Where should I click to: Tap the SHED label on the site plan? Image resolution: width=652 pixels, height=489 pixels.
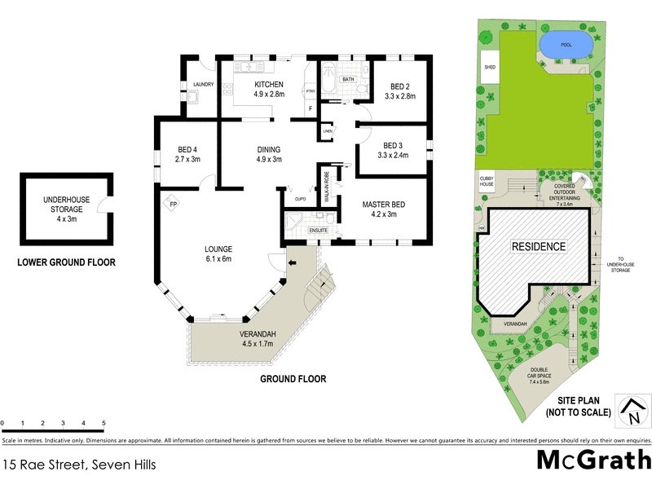[490, 68]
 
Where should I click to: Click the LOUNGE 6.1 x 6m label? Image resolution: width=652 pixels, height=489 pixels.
[218, 253]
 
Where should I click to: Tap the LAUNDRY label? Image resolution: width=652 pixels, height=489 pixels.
[203, 84]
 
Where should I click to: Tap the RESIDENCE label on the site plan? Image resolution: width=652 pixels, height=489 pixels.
[538, 246]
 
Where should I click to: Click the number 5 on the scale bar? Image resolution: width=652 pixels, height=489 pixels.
[104, 423]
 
